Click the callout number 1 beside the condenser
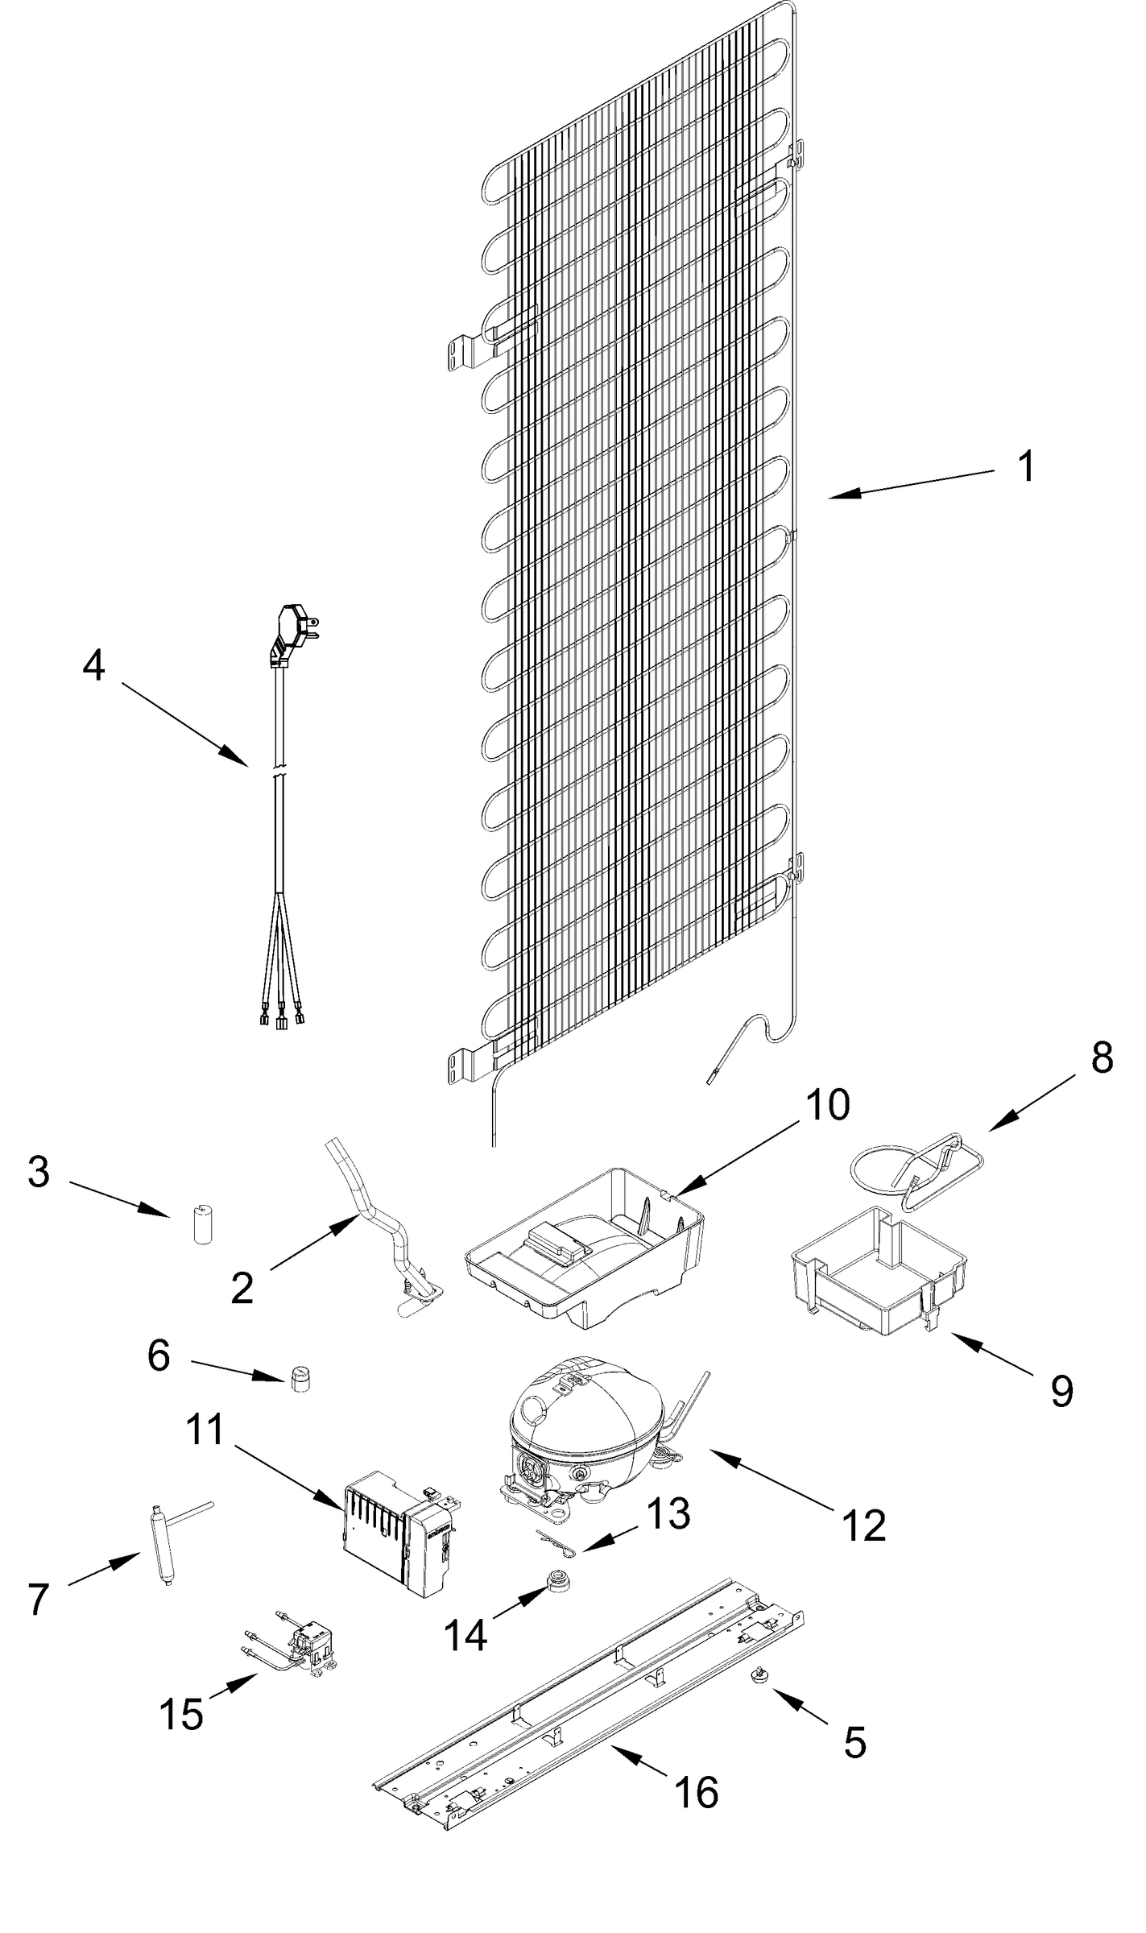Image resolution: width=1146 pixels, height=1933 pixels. [x=1025, y=466]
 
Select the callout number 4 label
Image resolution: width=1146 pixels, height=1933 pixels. [x=94, y=665]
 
